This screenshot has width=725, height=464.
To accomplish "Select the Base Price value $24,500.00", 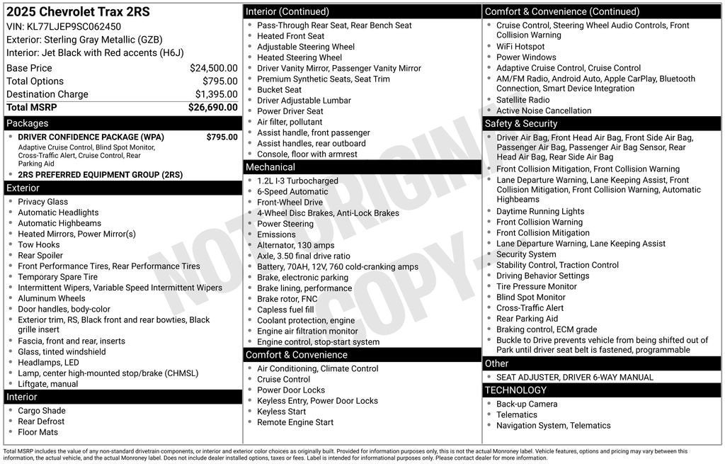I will (213, 68).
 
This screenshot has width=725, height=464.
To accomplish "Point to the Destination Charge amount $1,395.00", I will (216, 94).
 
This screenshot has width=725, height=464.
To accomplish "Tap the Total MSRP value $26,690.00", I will (212, 108).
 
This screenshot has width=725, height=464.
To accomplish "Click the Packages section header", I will (28, 123).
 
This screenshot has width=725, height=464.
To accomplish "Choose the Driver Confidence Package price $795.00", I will (222, 137).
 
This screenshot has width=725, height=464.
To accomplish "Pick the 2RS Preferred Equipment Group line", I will (100, 175).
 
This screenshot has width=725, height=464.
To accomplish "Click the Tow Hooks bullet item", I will (39, 245).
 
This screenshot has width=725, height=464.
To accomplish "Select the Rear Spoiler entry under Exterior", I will (40, 256).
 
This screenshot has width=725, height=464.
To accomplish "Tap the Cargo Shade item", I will (42, 411).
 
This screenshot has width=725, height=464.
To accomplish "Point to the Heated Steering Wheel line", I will (299, 57).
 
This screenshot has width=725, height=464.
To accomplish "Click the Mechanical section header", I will (270, 167).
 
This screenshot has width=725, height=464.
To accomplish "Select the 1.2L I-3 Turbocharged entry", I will (297, 181).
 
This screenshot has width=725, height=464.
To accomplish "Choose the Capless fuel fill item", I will (285, 310).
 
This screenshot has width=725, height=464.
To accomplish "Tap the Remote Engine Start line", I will (295, 422).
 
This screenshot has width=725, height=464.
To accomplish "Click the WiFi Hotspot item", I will (520, 47).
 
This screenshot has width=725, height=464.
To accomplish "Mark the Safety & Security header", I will (521, 124).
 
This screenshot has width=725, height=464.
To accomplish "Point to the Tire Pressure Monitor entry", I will (537, 287).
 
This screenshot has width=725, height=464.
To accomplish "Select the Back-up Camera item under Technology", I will (527, 404).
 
